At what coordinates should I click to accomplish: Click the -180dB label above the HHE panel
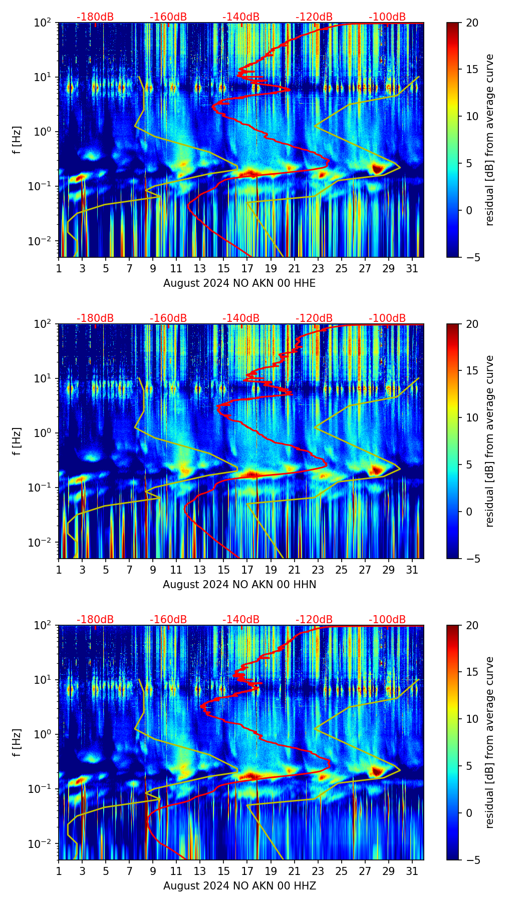click(95, 17)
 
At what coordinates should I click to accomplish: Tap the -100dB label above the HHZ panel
click(387, 620)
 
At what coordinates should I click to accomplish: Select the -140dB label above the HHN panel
click(241, 318)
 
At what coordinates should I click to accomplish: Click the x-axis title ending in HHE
click(239, 283)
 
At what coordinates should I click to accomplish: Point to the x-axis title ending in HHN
click(239, 585)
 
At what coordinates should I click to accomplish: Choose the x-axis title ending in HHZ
click(239, 886)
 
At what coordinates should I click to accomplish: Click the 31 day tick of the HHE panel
click(412, 268)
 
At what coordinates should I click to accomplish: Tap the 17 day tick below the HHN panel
click(247, 570)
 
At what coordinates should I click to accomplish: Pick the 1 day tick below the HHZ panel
click(59, 871)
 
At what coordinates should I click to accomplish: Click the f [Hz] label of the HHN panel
click(17, 441)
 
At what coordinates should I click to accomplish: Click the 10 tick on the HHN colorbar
click(473, 417)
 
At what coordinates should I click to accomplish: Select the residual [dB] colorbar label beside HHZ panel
click(489, 742)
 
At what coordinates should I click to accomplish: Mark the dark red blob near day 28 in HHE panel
click(377, 169)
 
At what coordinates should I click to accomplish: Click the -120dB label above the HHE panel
click(314, 17)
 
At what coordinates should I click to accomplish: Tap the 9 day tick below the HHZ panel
click(153, 871)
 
